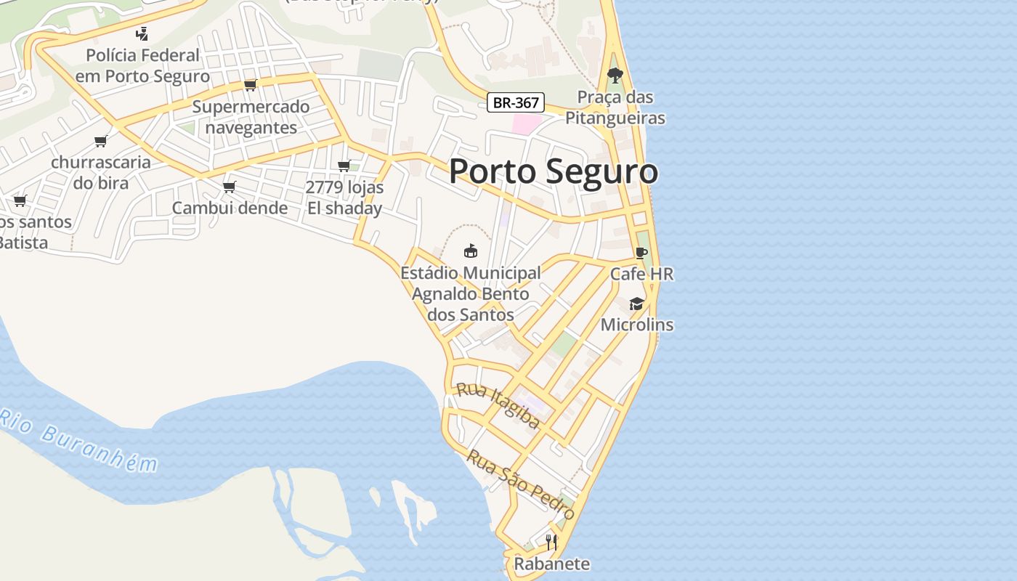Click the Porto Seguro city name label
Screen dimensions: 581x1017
[x=554, y=172]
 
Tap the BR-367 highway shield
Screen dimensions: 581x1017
[x=515, y=102]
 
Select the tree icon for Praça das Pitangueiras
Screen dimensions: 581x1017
[x=615, y=75]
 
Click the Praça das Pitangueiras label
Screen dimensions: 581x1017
[x=615, y=107]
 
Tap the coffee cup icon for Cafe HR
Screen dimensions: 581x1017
[x=641, y=253]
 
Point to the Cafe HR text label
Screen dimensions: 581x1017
[x=641, y=274]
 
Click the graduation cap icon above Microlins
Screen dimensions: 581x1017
[x=636, y=304]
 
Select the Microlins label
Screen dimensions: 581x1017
[x=636, y=325]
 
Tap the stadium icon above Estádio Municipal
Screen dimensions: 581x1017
[x=471, y=251]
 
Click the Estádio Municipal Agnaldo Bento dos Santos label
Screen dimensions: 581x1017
[x=471, y=293]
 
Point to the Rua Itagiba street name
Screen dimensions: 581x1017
[x=498, y=405]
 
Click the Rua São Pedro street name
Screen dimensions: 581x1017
[x=520, y=484]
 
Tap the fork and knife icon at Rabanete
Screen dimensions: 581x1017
[x=551, y=542]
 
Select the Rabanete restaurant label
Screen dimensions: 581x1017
[x=551, y=564]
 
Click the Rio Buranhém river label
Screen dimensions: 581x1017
[x=78, y=439]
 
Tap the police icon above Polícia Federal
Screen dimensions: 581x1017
[x=142, y=33]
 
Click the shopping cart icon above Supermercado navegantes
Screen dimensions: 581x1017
[x=251, y=85]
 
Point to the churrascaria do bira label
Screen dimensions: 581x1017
[x=100, y=172]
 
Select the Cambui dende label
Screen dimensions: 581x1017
[x=230, y=208]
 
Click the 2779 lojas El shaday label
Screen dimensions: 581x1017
[x=344, y=198]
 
